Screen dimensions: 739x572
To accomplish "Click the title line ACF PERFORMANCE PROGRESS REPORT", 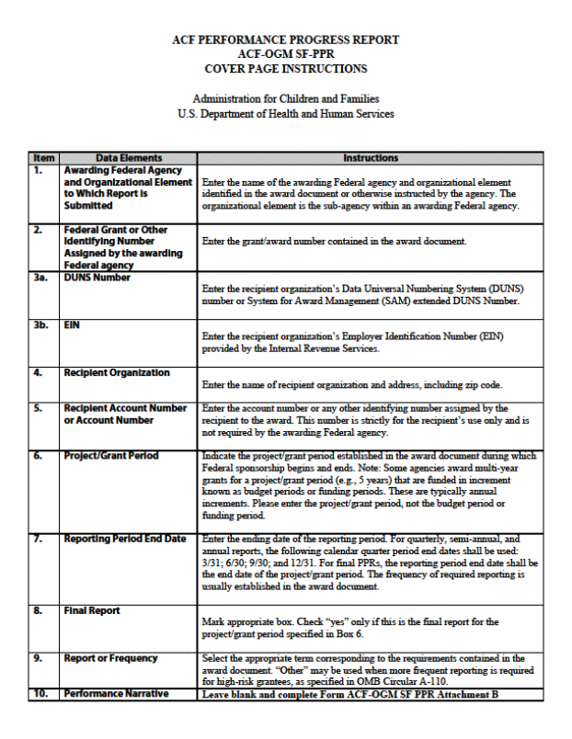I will coord(285,40).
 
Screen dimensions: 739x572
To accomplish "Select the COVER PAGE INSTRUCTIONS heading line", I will coord(285,69).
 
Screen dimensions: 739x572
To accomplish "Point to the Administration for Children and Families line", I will coord(285,99).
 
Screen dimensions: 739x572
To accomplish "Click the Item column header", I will coord(44,158).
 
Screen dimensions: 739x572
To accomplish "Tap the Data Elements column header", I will coord(128,158).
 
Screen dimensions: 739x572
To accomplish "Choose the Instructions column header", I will coord(370,158).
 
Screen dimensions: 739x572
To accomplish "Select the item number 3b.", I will coord(41,324).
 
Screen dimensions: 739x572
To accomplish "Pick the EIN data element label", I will coord(73,324).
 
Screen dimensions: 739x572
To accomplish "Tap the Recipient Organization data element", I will coord(116,372).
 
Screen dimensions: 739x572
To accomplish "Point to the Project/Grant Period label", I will coord(110,455).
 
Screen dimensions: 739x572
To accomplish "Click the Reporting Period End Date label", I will coord(124,539).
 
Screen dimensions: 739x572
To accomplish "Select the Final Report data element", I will coord(92,610).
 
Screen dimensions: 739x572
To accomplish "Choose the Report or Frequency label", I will coord(110,658).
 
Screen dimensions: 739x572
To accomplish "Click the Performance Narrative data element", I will coord(116,694).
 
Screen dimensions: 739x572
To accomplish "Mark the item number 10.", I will coord(40,694).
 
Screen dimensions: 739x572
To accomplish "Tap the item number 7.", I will coord(38,539).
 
